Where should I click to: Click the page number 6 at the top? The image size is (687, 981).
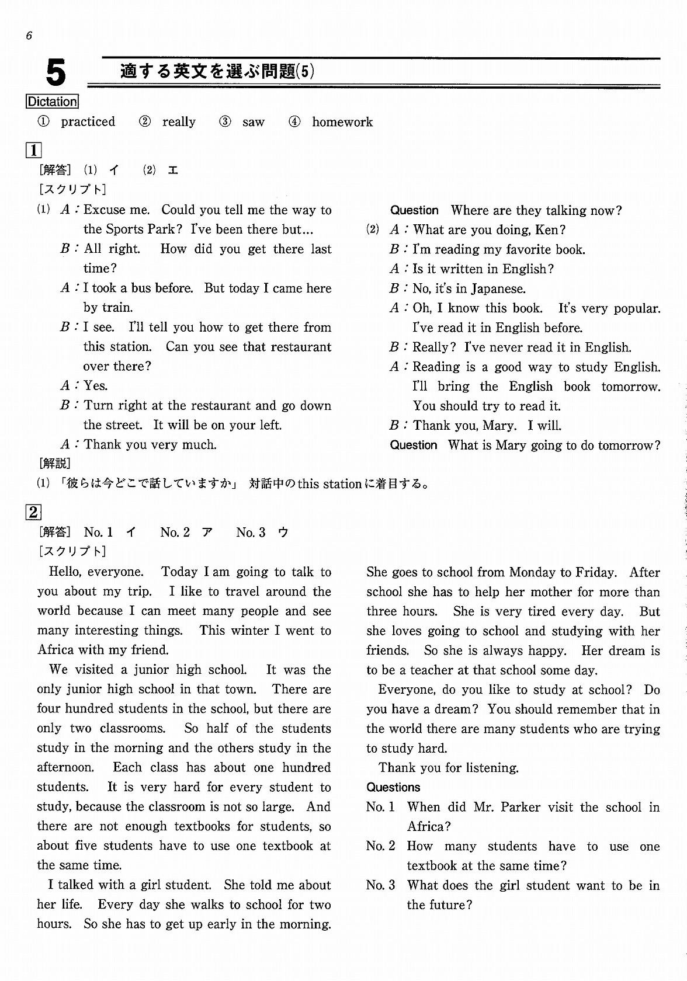[x=29, y=36]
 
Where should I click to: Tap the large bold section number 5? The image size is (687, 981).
[x=55, y=74]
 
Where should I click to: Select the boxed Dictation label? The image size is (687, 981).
[x=52, y=102]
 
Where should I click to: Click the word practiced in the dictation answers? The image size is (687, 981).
[x=88, y=122]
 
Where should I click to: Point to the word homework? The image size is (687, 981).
[x=342, y=122]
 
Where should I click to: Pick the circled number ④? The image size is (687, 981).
[x=295, y=122]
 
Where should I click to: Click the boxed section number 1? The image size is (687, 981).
[x=33, y=151]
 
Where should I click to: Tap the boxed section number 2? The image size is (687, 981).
[x=33, y=513]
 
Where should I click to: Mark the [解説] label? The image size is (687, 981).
[x=54, y=464]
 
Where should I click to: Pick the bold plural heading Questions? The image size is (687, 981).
[x=393, y=788]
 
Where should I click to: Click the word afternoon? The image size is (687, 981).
[x=65, y=768]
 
